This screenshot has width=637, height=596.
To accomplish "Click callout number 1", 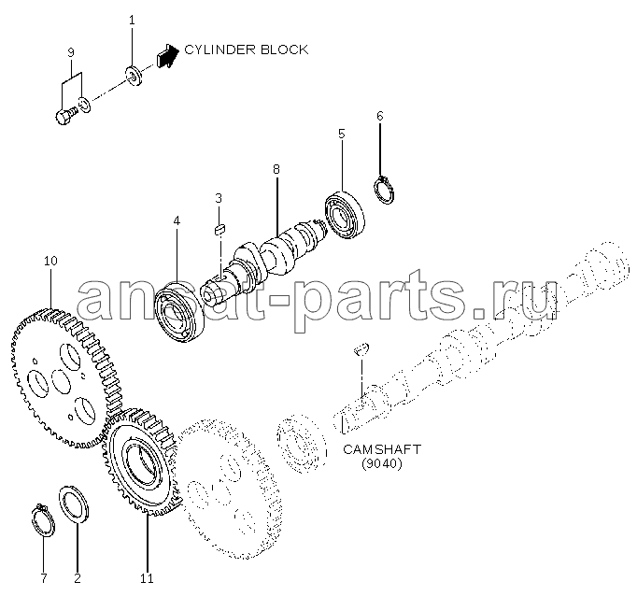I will (132, 20).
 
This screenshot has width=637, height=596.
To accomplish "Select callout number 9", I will (71, 53).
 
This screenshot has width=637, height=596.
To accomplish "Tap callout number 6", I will (379, 116).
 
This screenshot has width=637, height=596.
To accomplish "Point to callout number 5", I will (341, 135).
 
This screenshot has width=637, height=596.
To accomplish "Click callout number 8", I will (276, 169).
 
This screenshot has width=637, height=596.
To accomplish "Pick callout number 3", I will (219, 198).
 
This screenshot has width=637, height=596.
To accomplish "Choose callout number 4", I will (176, 221).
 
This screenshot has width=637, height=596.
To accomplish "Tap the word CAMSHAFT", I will (381, 449).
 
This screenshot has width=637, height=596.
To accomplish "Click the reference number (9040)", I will (381, 463).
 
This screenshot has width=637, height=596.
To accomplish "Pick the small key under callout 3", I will (220, 227).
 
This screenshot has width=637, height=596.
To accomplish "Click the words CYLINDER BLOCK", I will (246, 50).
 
